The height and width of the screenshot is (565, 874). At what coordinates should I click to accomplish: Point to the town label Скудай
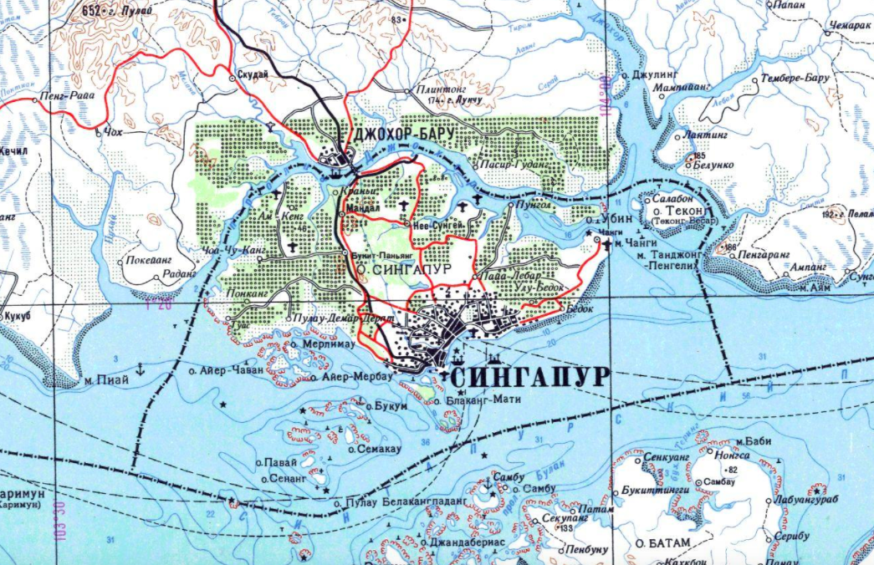[x=253, y=74]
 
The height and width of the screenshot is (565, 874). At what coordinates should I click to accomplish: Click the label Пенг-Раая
[x=67, y=97]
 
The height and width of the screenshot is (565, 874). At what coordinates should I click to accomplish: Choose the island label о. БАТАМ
[x=663, y=543]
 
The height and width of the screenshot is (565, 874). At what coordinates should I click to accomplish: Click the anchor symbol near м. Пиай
[x=141, y=369]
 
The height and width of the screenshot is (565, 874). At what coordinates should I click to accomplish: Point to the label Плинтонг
[x=437, y=89]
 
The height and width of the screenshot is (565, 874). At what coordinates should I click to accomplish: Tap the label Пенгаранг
[x=763, y=249]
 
